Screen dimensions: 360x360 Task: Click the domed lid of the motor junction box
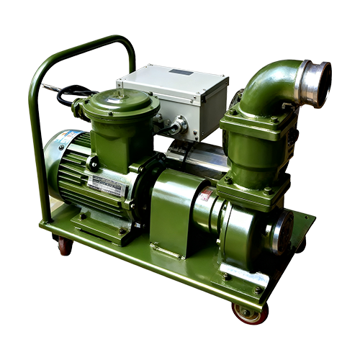pos(118,101)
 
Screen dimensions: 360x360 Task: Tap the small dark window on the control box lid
pos(181,72)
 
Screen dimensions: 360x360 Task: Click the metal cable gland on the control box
pos(176,127)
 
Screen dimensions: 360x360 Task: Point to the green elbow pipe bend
pos(266,86)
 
